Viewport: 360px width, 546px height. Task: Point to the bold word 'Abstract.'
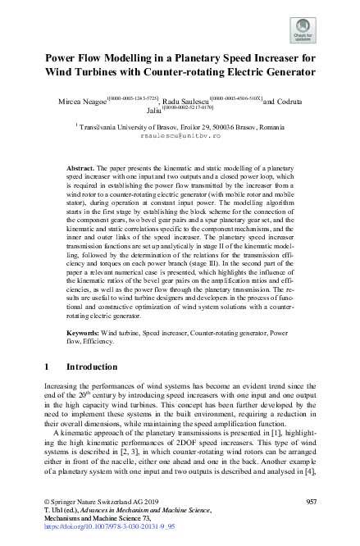pos(81,166)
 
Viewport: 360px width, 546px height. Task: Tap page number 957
pos(311,499)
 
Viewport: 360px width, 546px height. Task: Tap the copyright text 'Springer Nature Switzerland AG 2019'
pos(98,499)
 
